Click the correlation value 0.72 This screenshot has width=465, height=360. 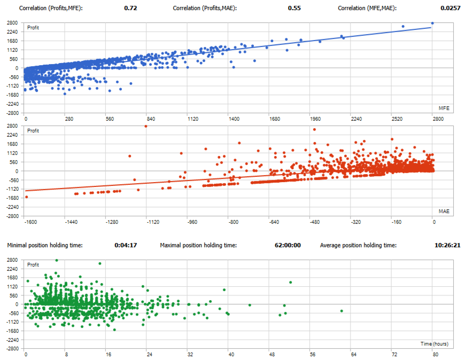coord(130,9)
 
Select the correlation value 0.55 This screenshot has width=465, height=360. coord(294,9)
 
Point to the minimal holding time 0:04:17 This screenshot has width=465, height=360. coord(126,245)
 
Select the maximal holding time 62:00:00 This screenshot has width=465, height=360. coord(288,245)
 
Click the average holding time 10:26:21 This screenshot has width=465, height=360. coord(447,245)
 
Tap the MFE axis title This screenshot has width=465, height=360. coord(444,108)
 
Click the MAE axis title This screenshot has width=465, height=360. coord(444,212)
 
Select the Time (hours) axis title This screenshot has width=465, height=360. coord(433,343)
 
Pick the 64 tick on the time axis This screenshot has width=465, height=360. coord(353,354)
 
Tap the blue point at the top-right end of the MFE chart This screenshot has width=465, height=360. coord(432,23)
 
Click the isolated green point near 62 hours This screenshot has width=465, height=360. coord(341,311)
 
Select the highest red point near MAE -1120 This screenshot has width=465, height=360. coord(145,126)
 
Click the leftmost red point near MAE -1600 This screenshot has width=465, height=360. coord(27,197)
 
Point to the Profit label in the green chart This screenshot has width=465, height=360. coord(33,264)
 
